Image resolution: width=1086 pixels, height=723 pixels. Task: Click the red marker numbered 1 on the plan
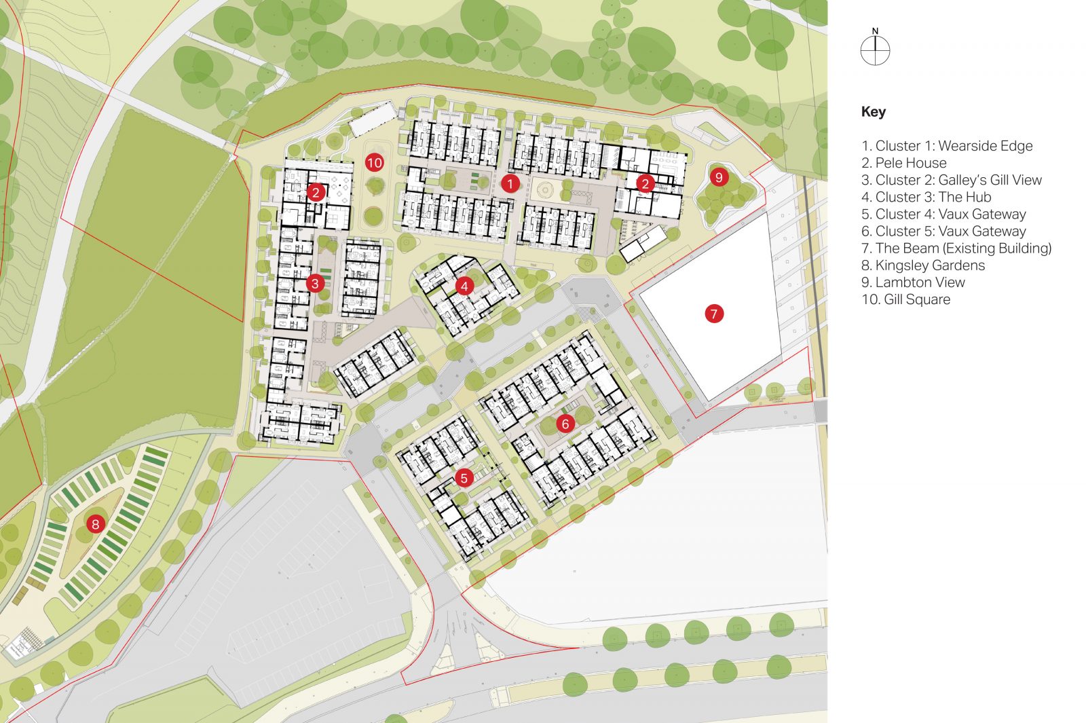point(510,183)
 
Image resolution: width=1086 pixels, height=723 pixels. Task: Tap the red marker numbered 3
point(314,283)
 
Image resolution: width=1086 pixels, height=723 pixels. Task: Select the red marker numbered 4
point(464,286)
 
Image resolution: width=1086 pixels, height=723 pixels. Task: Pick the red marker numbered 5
point(464,478)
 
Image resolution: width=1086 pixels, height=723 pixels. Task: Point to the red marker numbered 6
point(565,424)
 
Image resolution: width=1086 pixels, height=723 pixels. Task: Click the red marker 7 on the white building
point(713,314)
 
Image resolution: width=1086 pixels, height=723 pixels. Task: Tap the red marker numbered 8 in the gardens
point(95,523)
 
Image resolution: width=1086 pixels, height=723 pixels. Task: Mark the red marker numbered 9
point(718,177)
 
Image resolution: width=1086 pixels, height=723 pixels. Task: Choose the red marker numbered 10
point(374,162)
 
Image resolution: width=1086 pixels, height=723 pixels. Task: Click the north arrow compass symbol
point(875,50)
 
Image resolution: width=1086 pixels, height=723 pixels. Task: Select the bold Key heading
point(874,112)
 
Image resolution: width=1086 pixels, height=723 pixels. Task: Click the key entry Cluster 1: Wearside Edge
point(947,146)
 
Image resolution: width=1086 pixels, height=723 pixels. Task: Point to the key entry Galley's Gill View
point(952,180)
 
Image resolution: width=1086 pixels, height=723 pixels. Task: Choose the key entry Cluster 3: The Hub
point(926,197)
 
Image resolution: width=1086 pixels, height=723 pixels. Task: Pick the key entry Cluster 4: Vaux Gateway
point(943,215)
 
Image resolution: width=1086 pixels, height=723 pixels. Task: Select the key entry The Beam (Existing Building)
point(956,248)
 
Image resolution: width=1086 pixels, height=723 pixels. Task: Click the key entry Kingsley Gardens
point(923,265)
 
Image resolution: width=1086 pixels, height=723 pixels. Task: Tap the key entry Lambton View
point(913,282)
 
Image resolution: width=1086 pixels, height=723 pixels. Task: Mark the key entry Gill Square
point(906,299)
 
